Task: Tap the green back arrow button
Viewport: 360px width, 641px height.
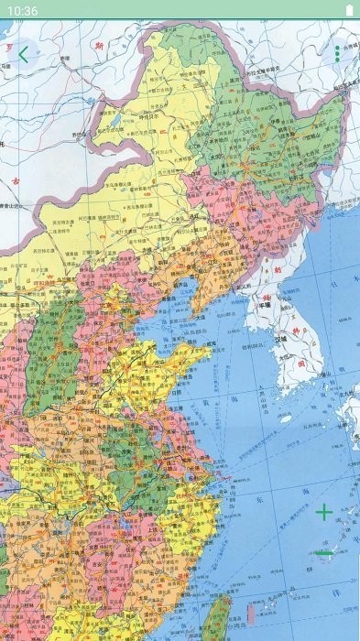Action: [x=23, y=54]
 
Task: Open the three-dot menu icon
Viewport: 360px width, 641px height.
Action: [x=336, y=54]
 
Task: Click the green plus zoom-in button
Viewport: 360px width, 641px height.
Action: [x=324, y=512]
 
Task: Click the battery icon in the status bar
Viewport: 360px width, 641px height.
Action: [x=348, y=10]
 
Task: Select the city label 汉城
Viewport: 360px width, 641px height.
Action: [x=281, y=339]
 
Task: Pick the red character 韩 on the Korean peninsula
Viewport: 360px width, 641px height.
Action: [x=292, y=325]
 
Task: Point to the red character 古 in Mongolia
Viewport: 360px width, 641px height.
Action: [x=16, y=179]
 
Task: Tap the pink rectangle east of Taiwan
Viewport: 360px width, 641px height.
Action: [x=250, y=612]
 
